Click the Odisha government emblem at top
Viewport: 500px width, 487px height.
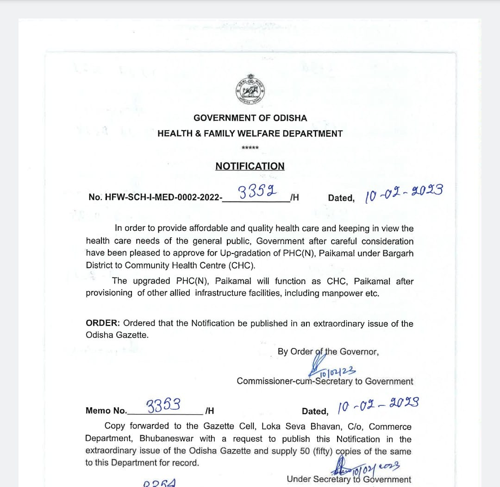point(250,89)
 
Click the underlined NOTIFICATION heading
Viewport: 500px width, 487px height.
point(250,166)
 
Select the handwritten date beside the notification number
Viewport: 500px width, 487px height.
point(404,193)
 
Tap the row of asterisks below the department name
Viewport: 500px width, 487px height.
point(250,148)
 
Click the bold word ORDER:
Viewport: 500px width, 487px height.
point(103,323)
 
